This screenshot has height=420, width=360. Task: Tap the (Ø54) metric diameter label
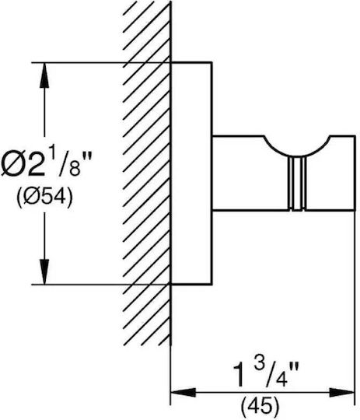[44, 196]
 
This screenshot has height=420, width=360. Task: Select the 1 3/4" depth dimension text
[266, 373]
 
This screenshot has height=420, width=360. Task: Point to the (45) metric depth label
[260, 406]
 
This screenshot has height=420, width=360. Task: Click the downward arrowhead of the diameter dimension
[44, 271]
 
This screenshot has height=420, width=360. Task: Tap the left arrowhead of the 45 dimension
[183, 393]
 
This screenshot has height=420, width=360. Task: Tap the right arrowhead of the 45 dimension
[342, 393]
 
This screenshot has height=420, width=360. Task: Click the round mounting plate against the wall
[191, 173]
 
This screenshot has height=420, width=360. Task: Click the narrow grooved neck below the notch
[296, 184]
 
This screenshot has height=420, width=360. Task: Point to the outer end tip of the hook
[355, 173]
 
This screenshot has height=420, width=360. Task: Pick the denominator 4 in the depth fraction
[280, 379]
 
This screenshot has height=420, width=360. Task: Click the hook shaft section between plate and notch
[239, 173]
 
